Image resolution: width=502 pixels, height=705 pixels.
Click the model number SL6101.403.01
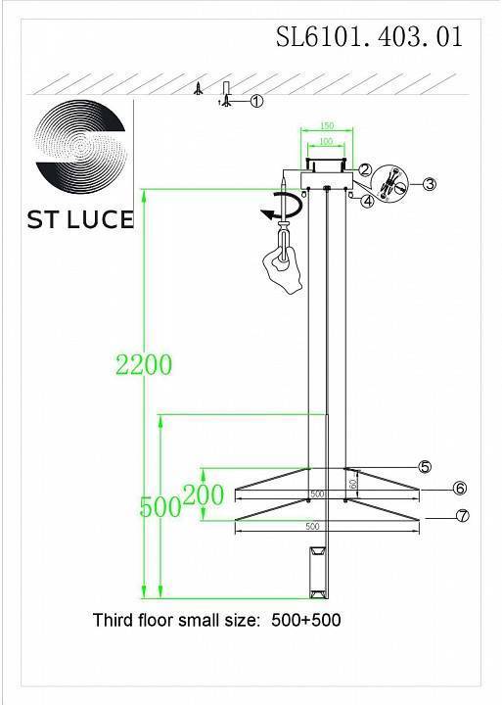click(x=369, y=37)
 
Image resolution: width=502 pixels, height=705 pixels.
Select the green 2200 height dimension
click(x=144, y=364)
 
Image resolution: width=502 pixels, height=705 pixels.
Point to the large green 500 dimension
click(x=160, y=506)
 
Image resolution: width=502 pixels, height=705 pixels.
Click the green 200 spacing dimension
click(x=204, y=495)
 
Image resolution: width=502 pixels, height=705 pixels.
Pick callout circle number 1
click(x=257, y=100)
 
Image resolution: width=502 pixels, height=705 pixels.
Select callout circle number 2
click(x=364, y=169)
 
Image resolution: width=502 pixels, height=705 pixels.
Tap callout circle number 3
click(x=428, y=183)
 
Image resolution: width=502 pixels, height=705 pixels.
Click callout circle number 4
click(x=366, y=202)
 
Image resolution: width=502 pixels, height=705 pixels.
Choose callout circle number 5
click(x=425, y=467)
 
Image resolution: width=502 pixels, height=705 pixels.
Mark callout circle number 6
click(x=459, y=489)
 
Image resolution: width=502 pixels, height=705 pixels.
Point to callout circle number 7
click(x=463, y=516)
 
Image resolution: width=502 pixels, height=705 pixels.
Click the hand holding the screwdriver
click(x=283, y=262)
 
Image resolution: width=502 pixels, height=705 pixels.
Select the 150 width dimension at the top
click(x=327, y=125)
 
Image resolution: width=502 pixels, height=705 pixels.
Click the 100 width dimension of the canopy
click(x=326, y=142)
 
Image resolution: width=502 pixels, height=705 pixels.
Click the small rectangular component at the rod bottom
click(x=315, y=571)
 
